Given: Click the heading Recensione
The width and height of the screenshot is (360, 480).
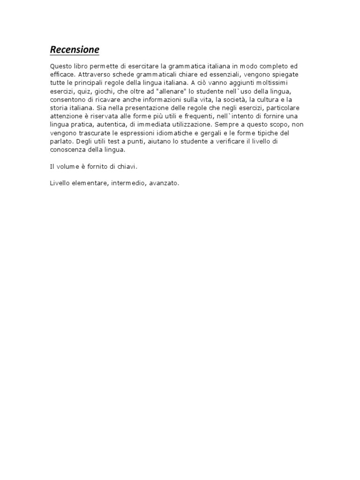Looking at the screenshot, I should click(x=75, y=50).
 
